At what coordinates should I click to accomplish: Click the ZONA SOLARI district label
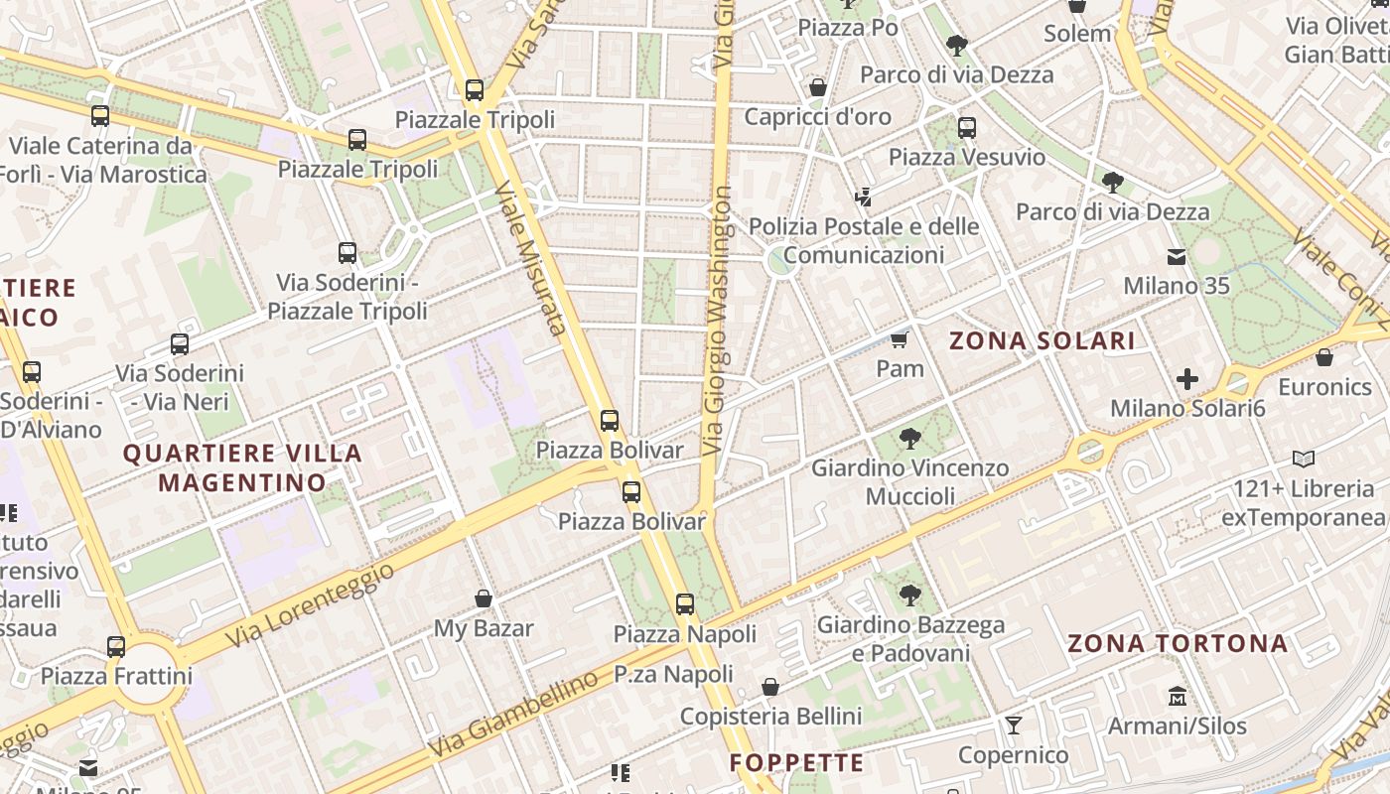pyautogui.click(x=1042, y=341)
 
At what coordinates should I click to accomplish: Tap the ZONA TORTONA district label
pyautogui.click(x=1178, y=643)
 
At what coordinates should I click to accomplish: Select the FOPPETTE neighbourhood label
pyautogui.click(x=796, y=762)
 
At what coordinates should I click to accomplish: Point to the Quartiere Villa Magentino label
pyautogui.click(x=242, y=467)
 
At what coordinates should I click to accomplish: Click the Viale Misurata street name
pyautogui.click(x=530, y=258)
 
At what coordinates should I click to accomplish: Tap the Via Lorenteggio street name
pyautogui.click(x=309, y=604)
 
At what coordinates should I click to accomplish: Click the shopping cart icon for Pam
pyautogui.click(x=900, y=340)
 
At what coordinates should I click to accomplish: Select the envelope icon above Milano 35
pyautogui.click(x=1177, y=257)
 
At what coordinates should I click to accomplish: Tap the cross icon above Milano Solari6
pyautogui.click(x=1187, y=379)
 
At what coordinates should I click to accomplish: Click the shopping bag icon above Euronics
pyautogui.click(x=1324, y=357)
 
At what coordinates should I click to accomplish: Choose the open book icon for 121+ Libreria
pyautogui.click(x=1304, y=460)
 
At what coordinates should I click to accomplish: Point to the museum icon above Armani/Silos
pyautogui.click(x=1178, y=696)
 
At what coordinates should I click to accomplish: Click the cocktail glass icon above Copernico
pyautogui.click(x=1013, y=726)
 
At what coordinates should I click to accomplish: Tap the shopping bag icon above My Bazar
pyautogui.click(x=484, y=598)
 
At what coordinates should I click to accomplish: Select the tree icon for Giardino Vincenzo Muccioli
pyautogui.click(x=909, y=438)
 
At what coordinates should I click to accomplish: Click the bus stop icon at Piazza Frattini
pyautogui.click(x=116, y=647)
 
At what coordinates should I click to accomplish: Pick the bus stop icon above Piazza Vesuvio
pyautogui.click(x=966, y=128)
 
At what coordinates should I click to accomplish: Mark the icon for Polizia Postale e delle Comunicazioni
pyautogui.click(x=863, y=198)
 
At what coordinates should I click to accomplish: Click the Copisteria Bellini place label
pyautogui.click(x=770, y=716)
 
